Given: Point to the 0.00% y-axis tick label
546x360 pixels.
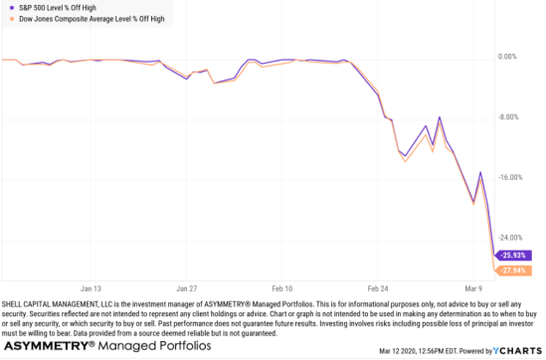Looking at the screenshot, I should (x=508, y=57).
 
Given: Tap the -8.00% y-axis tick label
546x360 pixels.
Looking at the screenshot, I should (x=508, y=116).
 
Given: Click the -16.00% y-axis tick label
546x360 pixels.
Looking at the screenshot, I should (x=508, y=177).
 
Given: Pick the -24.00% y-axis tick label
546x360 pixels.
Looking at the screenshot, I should (x=508, y=238).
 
